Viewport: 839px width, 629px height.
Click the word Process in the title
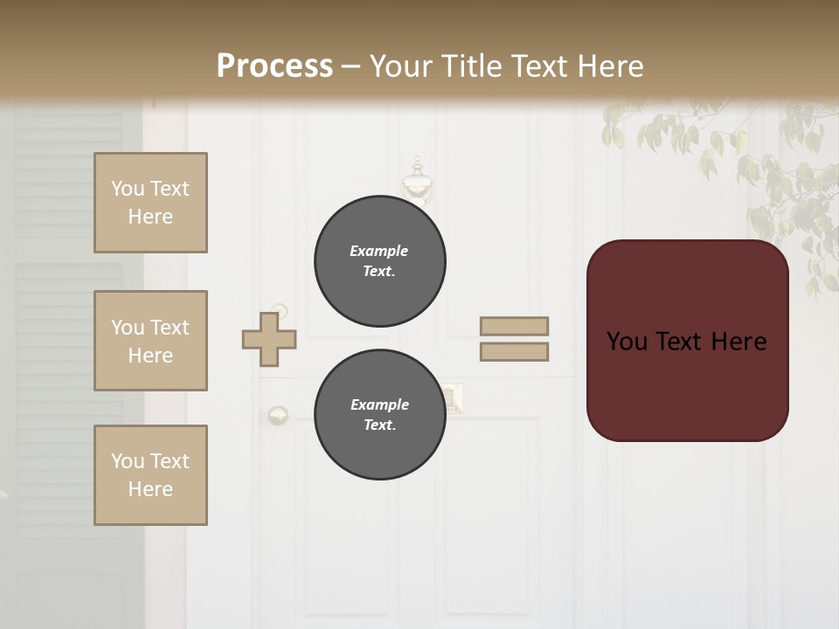pyautogui.click(x=274, y=66)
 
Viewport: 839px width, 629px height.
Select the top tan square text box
pyautogui.click(x=150, y=203)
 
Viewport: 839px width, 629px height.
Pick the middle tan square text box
pyautogui.click(x=150, y=341)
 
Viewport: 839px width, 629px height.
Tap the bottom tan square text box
pyautogui.click(x=150, y=475)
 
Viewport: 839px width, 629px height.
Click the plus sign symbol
pyautogui.click(x=269, y=339)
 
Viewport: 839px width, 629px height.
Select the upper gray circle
pyautogui.click(x=380, y=260)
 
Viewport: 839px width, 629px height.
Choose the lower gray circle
pyautogui.click(x=380, y=414)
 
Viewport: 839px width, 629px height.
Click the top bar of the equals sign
pyautogui.click(x=514, y=326)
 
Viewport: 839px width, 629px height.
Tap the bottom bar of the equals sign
pyautogui.click(x=514, y=352)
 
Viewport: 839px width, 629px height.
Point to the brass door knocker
pyautogui.click(x=418, y=183)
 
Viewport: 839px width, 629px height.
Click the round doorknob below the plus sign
pyautogui.click(x=278, y=414)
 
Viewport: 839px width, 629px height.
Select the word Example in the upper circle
pyautogui.click(x=379, y=251)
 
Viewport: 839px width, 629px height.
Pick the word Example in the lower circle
pyautogui.click(x=379, y=404)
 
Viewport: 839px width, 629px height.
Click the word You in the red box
pyautogui.click(x=627, y=342)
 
